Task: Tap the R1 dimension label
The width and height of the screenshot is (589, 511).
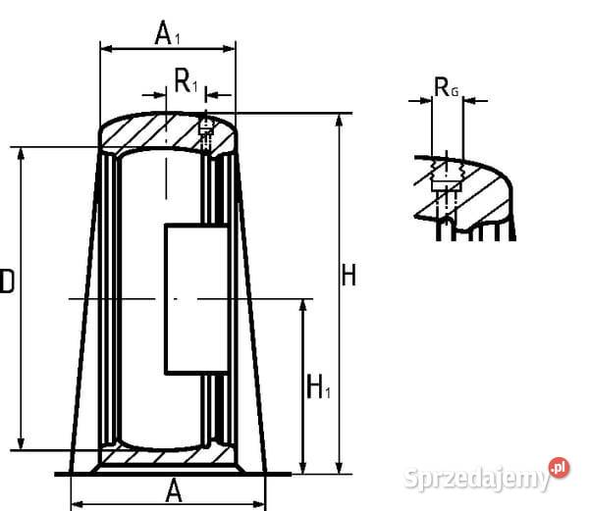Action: coord(186,82)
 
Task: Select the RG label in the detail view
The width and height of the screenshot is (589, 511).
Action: coord(446,88)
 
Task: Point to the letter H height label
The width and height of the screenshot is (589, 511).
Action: coord(348,276)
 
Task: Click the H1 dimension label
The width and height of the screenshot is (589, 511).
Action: coord(318,387)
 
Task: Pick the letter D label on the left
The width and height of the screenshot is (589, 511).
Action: coord(6,282)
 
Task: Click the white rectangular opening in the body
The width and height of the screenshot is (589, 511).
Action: coord(197,298)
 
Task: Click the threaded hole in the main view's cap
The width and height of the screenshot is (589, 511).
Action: coord(205,128)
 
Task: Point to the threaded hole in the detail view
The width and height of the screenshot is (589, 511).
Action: coord(447,180)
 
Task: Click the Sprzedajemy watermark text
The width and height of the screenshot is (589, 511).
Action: coord(477,478)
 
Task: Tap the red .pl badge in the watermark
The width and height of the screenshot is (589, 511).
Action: coord(559,468)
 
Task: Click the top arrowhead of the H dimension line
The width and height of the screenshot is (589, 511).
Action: coord(339,120)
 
